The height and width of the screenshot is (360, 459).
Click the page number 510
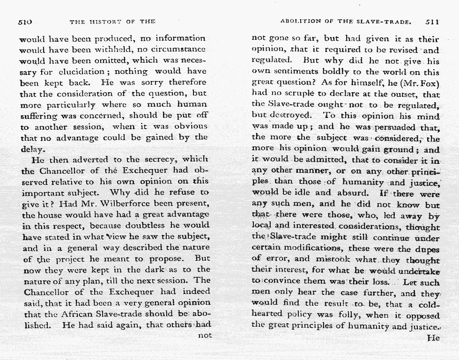click(x=25, y=22)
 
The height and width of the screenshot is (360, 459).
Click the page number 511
click(x=432, y=22)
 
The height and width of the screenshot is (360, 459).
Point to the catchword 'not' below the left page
click(x=205, y=335)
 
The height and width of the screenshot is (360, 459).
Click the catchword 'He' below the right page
click(x=433, y=338)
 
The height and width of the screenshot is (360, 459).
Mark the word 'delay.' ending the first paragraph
click(x=33, y=149)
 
